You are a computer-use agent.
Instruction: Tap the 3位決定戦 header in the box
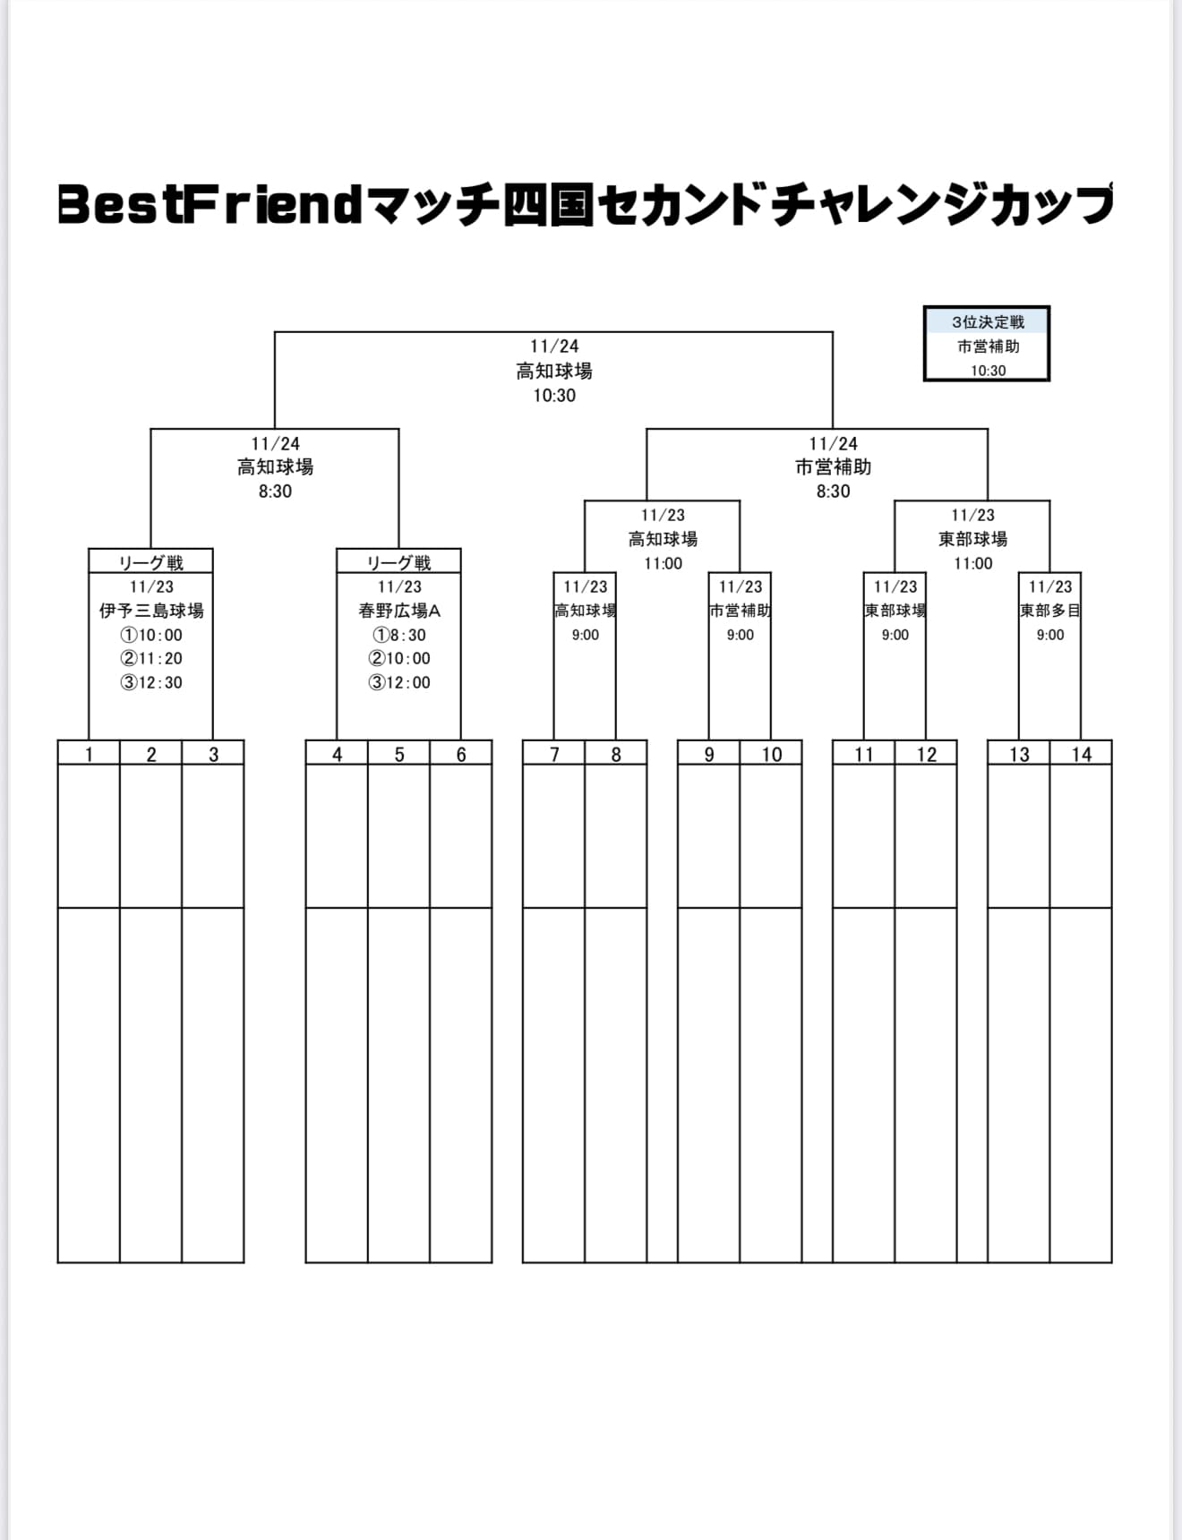coord(987,321)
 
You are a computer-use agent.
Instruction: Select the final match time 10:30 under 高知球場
coord(554,396)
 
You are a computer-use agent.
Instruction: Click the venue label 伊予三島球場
coord(151,611)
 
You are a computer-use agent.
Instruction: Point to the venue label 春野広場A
coord(399,611)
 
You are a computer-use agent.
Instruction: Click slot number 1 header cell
coord(89,754)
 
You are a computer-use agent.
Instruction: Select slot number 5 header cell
coord(399,754)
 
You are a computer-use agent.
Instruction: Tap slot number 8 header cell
coord(616,754)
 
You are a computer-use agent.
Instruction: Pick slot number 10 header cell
coord(771,754)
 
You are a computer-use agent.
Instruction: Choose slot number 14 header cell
coord(1081,754)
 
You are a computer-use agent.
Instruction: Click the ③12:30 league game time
coord(151,682)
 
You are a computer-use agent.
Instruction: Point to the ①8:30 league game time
coord(399,635)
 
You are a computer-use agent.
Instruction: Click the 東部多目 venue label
coord(1050,611)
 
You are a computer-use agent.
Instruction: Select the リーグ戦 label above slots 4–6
coord(399,562)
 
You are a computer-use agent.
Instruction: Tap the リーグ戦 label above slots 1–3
coord(151,562)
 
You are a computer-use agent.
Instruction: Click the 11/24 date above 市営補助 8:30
coord(833,443)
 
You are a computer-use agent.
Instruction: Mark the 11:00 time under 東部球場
coord(972,563)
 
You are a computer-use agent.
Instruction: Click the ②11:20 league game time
coord(151,658)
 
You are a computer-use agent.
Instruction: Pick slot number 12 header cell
coord(926,754)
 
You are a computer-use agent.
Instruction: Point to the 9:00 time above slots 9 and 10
coord(740,635)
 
